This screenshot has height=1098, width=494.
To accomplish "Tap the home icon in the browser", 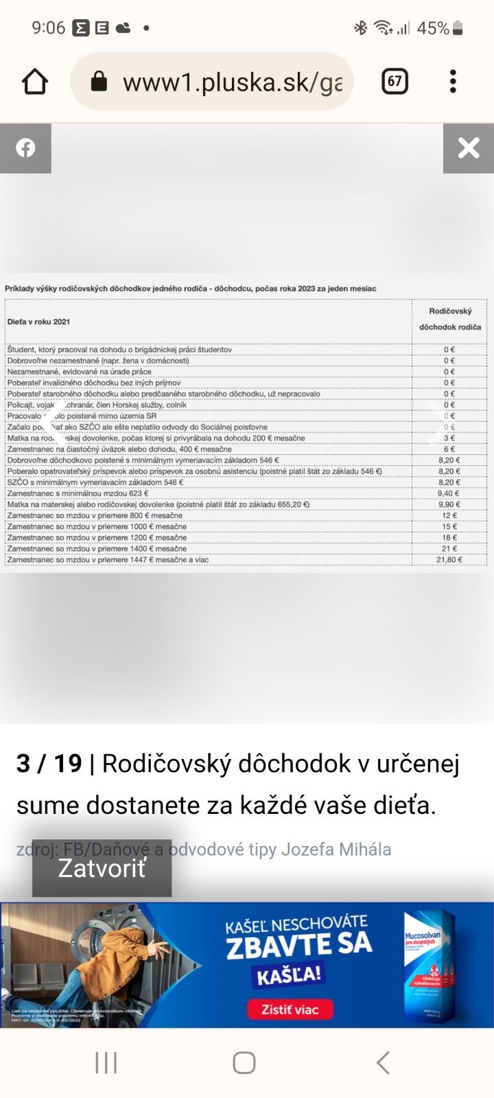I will point(35,82).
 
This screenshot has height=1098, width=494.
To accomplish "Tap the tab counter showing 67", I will point(395,82).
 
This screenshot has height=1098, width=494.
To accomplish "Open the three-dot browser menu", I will point(453,82).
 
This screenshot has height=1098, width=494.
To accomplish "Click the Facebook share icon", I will point(25,148).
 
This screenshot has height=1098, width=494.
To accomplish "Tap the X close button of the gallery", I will point(469,148).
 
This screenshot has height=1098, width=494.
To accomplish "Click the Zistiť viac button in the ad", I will point(290,1009).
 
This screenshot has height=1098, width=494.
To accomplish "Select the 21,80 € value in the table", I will point(449,560).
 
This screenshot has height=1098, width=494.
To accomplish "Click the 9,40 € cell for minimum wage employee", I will point(449,493).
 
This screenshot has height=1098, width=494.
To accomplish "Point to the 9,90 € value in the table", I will point(449,504).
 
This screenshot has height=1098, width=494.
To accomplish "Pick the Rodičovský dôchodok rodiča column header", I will point(450,319).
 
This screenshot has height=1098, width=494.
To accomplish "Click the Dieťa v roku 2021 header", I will point(38,322).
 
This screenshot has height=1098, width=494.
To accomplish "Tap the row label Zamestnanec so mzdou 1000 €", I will point(97,527).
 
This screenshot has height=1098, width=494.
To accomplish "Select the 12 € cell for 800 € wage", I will point(449,515).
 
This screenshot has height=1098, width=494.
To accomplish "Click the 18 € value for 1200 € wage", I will point(449,538).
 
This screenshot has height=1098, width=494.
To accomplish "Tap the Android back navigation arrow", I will point(383,1062).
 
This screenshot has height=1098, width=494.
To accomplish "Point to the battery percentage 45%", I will point(433,28).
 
